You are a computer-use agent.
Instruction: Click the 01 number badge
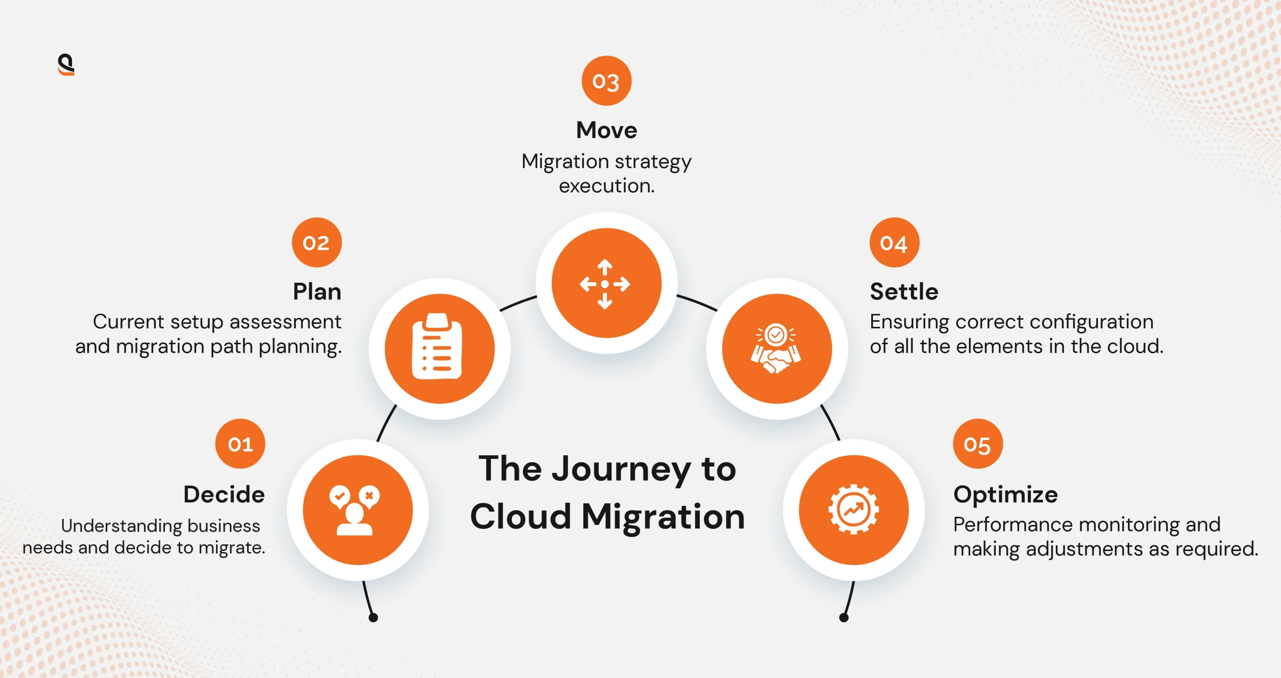pos(240,443)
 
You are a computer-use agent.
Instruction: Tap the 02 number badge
pos(317,242)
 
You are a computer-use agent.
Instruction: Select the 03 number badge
pos(606,81)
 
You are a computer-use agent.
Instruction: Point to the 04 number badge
pos(894,242)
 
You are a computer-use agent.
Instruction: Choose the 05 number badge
pos(977,443)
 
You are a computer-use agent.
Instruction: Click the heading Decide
pos(224,494)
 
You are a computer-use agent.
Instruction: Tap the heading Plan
pos(317,291)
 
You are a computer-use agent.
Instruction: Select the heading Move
pos(606,130)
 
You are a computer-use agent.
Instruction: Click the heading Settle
pos(904,291)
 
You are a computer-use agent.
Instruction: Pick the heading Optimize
pos(1005,494)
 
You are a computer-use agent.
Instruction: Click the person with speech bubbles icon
pos(355,510)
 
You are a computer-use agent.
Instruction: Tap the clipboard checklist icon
pos(437,347)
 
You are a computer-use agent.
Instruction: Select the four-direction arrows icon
pos(605,284)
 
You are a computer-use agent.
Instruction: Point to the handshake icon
pos(776,349)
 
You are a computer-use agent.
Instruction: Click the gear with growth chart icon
pos(853,509)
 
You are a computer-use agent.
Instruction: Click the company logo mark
pos(66,65)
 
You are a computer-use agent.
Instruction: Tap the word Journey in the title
pos(620,469)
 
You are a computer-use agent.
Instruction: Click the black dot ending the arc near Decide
pos(373,617)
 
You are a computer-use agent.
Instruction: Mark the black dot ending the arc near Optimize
pos(844,617)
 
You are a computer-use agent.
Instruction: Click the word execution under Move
pos(606,186)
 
